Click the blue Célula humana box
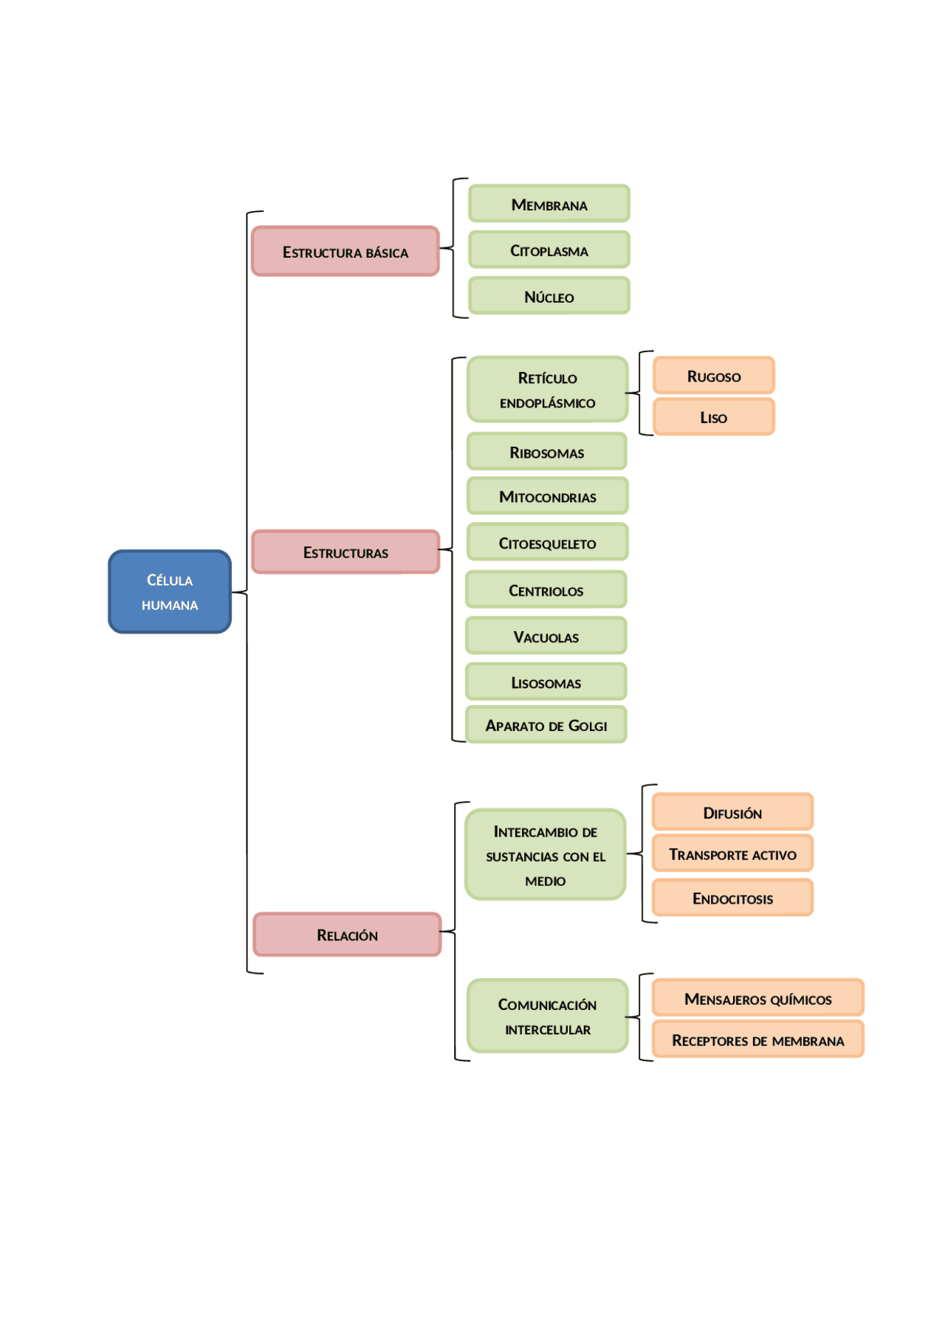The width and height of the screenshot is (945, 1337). (170, 591)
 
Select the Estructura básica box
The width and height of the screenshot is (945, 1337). (345, 252)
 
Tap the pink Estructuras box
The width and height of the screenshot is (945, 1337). (345, 551)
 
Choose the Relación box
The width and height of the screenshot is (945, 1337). (347, 935)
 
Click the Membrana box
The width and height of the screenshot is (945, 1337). (549, 204)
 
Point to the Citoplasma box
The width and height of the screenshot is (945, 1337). (549, 250)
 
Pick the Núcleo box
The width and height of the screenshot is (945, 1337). (549, 296)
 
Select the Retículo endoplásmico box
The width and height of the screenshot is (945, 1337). (547, 390)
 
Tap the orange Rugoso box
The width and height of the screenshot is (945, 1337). (713, 376)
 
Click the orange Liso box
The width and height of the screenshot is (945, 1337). (713, 417)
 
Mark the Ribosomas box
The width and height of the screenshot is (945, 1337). (546, 452)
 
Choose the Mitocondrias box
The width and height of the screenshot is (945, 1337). (547, 496)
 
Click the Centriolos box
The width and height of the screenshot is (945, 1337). (546, 590)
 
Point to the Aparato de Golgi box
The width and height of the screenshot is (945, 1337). (546, 725)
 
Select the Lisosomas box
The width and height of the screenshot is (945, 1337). (546, 682)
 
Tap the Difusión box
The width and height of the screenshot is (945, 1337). (732, 812)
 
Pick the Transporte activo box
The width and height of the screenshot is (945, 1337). (732, 853)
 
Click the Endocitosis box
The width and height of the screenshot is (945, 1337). (732, 898)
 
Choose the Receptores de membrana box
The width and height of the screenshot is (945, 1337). (757, 1039)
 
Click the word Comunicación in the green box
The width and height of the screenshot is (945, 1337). (547, 1004)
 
